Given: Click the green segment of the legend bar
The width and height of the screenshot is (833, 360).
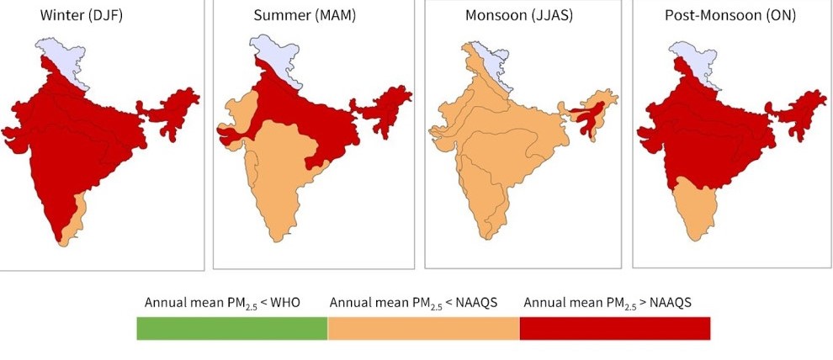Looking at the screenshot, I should tap(232, 329).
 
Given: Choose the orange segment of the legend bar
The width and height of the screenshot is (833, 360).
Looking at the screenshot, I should tap(423, 329).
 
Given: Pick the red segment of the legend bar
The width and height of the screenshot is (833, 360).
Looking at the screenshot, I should tap(615, 329).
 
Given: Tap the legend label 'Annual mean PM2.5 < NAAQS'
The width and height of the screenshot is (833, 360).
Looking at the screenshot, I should tap(413, 302).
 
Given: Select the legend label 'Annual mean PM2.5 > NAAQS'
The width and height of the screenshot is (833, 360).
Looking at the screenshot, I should tap(608, 302).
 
